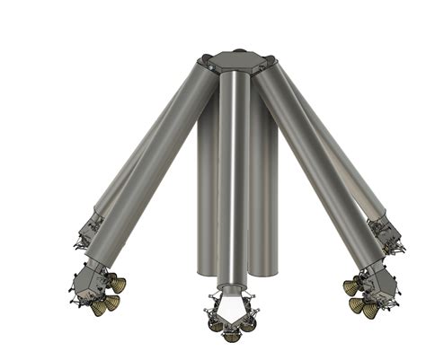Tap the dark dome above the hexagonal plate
click(238, 50)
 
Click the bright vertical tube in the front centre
click(232, 180)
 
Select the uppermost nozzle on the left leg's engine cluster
click(118, 285)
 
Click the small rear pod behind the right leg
click(385, 232)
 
